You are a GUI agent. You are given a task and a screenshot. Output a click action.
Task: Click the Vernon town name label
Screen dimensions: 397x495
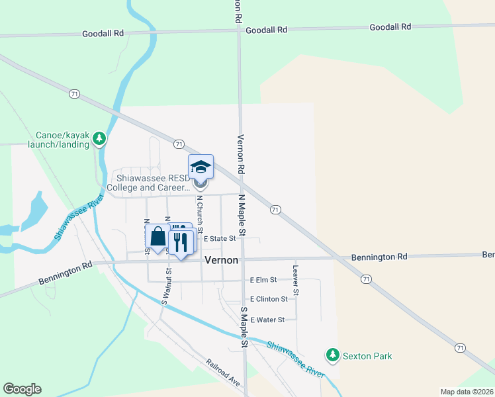point(221,260)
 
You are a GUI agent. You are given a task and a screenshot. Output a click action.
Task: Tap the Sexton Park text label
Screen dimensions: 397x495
point(367,356)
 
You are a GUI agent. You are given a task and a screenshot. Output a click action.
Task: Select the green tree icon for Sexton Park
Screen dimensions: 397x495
point(333,356)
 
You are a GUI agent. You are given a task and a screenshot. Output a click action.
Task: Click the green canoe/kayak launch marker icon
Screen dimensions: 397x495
point(99,138)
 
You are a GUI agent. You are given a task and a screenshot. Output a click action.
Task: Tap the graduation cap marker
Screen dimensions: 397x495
point(201,167)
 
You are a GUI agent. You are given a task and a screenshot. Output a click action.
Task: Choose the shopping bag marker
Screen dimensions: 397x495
point(157,237)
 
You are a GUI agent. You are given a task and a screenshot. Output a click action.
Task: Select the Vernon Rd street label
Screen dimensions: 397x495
point(241,155)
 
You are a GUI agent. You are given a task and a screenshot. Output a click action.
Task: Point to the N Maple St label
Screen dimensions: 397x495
point(242,216)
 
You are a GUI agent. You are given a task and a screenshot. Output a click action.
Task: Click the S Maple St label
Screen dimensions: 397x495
point(244,328)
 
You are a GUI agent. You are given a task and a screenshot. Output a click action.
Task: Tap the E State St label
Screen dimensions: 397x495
point(220,238)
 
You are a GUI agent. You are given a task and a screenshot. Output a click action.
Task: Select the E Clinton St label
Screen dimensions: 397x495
point(269,299)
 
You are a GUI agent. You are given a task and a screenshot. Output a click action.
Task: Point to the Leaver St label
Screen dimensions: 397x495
point(296,281)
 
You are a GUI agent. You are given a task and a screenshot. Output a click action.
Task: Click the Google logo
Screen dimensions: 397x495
point(22,389)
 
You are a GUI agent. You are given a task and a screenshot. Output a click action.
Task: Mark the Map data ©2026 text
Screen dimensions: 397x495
point(467,392)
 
